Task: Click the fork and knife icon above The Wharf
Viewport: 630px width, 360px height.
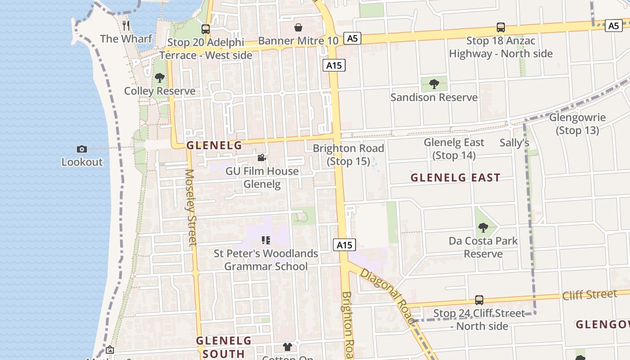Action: coord(126,25)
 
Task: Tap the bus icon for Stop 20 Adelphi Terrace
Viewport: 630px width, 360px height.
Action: coord(206,29)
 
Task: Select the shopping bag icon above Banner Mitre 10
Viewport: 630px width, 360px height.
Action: coord(298,28)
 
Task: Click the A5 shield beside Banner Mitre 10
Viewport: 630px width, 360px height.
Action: coord(352,39)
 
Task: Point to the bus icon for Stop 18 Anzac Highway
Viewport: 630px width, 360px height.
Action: coord(501,27)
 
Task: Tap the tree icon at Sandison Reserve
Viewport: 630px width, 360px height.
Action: coord(434,84)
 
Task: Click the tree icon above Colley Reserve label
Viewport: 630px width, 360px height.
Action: coord(159,78)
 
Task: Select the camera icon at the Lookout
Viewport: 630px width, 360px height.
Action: coord(82,149)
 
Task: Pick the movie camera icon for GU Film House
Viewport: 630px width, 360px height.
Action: coord(262,158)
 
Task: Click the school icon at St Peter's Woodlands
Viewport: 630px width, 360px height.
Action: coord(265,240)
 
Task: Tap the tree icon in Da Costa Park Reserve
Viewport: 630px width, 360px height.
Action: coord(483,228)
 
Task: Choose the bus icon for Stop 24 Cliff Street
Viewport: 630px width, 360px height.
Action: coord(479,300)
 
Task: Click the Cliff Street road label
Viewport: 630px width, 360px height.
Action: coord(589,295)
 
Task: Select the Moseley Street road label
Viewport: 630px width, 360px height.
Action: coord(191,207)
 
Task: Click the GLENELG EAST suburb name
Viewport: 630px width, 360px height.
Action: coord(455,178)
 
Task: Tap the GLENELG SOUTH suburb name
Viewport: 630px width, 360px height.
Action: coord(224,346)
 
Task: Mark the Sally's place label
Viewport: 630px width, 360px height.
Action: coord(514,143)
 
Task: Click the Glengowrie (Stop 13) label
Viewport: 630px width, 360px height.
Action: coord(577,124)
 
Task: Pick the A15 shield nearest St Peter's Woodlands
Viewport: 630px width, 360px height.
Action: coord(345,245)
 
